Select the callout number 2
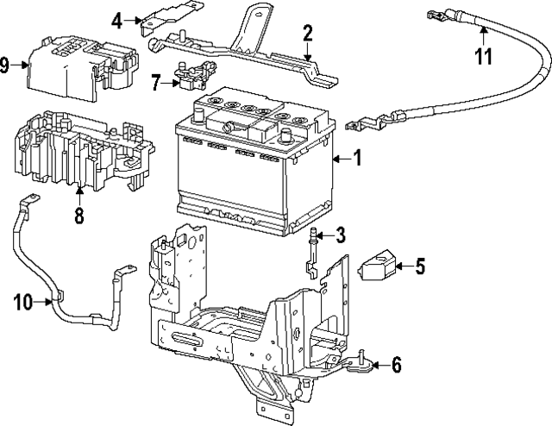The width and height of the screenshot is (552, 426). pos(306,34)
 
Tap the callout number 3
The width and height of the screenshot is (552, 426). pos(342,235)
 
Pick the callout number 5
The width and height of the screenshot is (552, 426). pos(419,266)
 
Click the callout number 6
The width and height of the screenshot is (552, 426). pos(396,365)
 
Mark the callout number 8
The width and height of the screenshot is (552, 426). pos(78,215)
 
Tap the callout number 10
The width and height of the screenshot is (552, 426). pos(23,301)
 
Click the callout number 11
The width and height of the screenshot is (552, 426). pos(484,57)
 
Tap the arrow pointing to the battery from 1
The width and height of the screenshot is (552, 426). pos(342,159)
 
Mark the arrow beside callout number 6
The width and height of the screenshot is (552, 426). pos(376,365)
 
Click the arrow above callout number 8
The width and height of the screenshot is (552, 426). pos(78,196)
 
